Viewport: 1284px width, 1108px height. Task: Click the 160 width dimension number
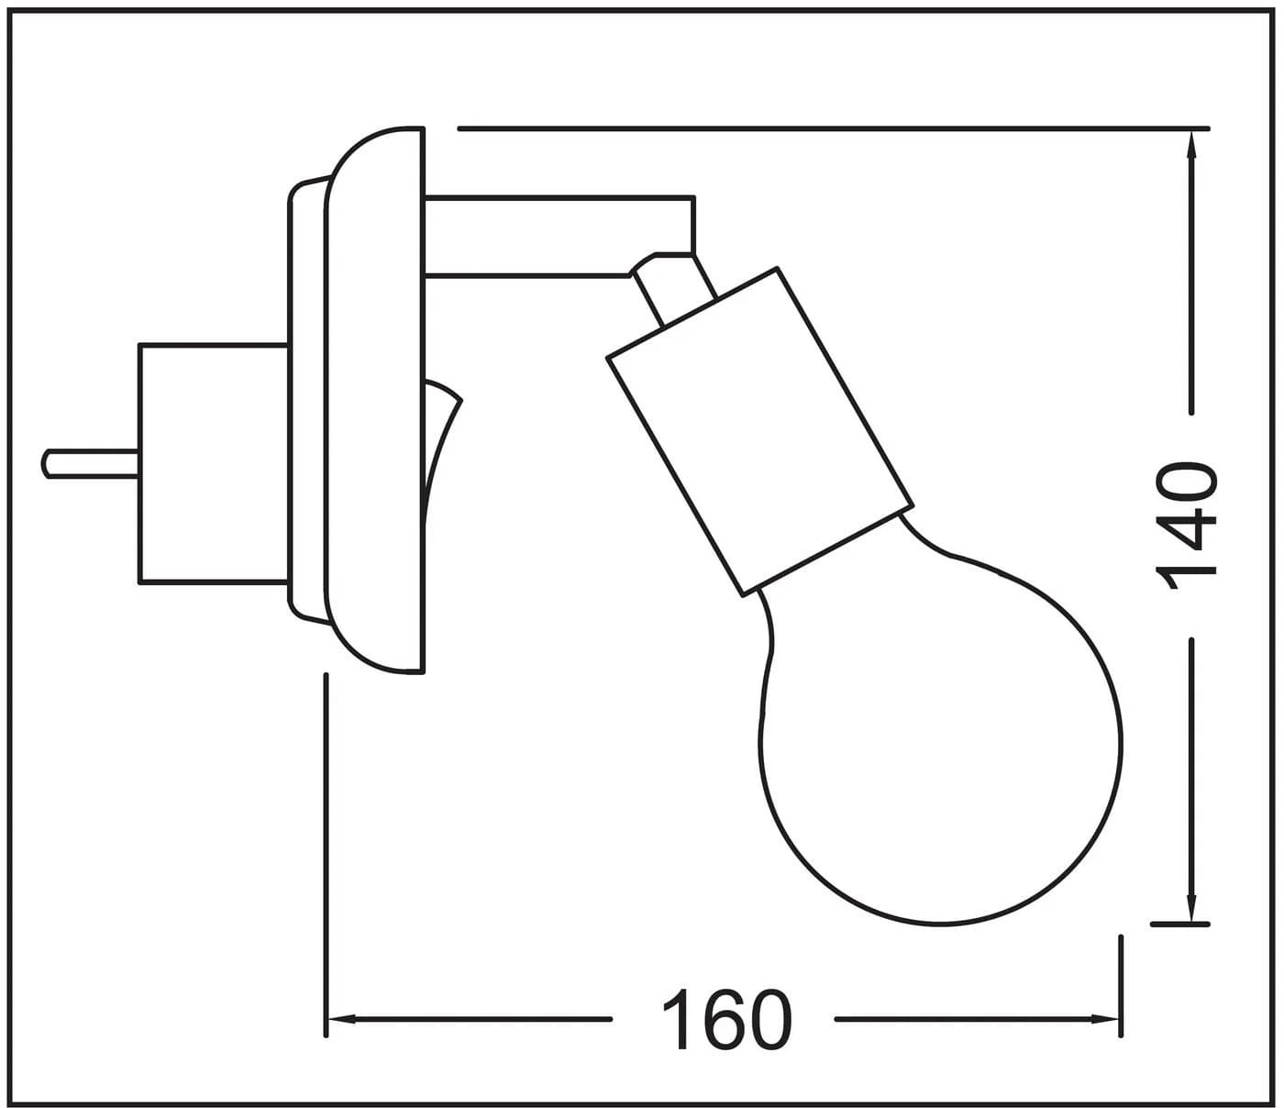[x=727, y=1020]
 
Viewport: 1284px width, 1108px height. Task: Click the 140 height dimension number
[x=1185, y=525]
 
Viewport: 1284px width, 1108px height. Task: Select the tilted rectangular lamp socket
[x=759, y=431]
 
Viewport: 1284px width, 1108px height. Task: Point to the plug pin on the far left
[x=90, y=463]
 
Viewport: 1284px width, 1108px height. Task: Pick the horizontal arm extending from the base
[x=559, y=236]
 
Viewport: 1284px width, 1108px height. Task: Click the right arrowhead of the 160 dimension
[x=1106, y=1019]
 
